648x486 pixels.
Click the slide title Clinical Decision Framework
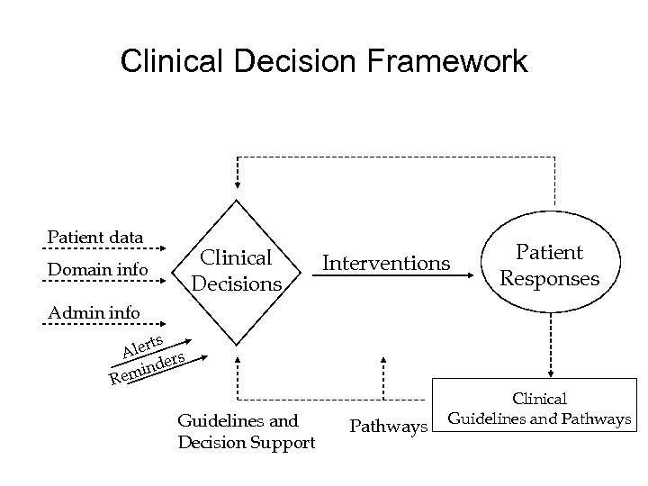tap(324, 62)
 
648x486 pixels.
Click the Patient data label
tap(95, 237)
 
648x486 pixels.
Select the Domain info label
tap(97, 268)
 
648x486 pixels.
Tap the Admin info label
tap(94, 312)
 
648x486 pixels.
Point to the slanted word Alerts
tap(143, 346)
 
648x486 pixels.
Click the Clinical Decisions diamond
tap(236, 271)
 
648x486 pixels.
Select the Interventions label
tap(386, 263)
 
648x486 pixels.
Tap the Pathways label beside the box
tap(388, 426)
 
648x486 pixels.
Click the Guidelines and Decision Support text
tap(246, 430)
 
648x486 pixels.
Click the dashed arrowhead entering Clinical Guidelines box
tap(545, 378)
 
